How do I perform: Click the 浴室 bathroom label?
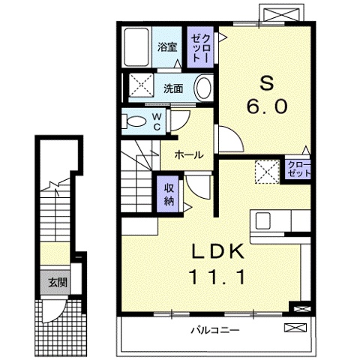pyautogui.click(x=167, y=47)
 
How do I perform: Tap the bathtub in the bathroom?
pyautogui.click(x=136, y=47)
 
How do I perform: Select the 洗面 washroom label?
pyautogui.click(x=173, y=88)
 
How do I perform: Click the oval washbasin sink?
pyautogui.click(x=203, y=88)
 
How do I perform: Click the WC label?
pyautogui.click(x=157, y=121)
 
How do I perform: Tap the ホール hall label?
pyautogui.click(x=189, y=155)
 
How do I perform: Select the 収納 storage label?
pyautogui.click(x=169, y=194)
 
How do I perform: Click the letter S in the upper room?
pyautogui.click(x=266, y=83)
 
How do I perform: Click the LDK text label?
pyautogui.click(x=217, y=251)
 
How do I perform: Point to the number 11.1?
pyautogui.click(x=217, y=276)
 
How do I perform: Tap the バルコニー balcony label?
pyautogui.click(x=215, y=331)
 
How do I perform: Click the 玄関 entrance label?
pyautogui.click(x=58, y=283)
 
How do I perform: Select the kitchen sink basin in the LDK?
pyautogui.click(x=262, y=220)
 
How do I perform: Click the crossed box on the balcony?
pyautogui.click(x=295, y=328)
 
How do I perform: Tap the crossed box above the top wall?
pyautogui.click(x=281, y=13)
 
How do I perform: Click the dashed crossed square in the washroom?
pyautogui.click(x=141, y=85)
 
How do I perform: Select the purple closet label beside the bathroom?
pyautogui.click(x=200, y=47)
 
